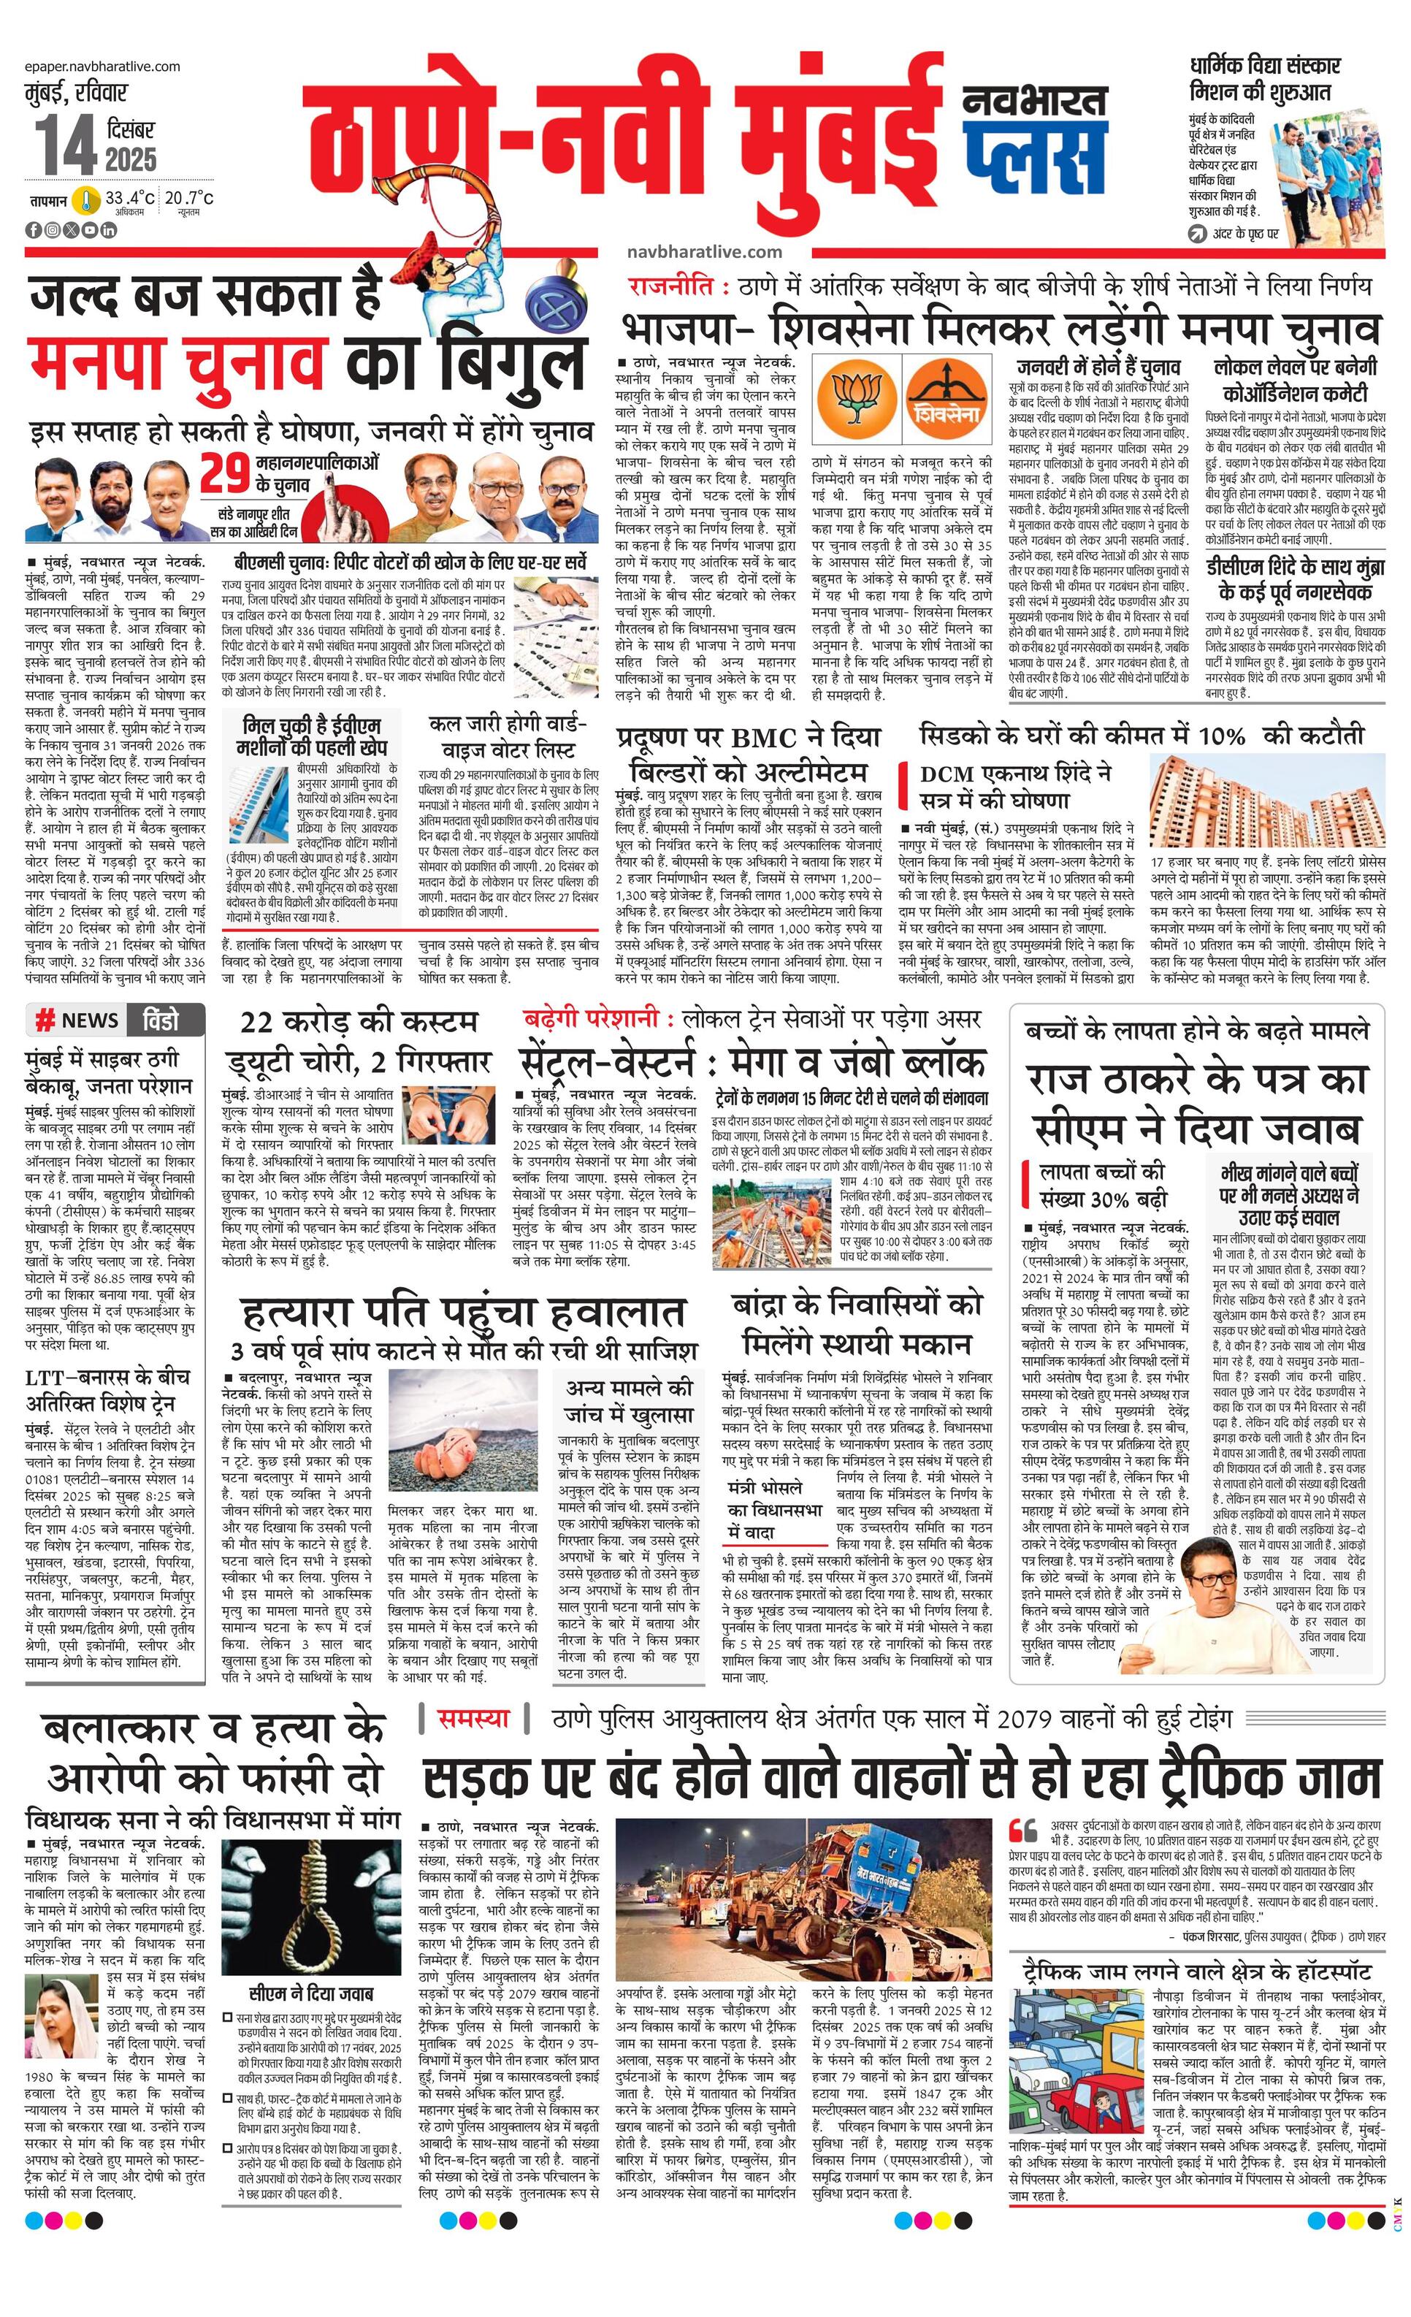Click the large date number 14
coord(66,147)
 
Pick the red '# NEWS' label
coord(78,1021)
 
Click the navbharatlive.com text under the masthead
coord(703,251)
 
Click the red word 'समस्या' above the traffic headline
coord(475,1719)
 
